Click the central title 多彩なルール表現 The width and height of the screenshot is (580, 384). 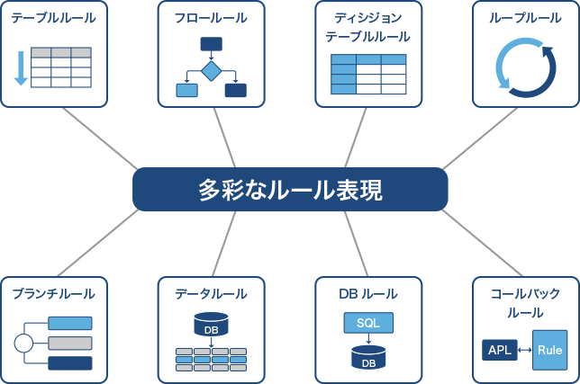click(290, 190)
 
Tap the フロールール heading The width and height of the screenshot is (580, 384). click(211, 18)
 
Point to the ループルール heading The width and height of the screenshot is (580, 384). click(525, 18)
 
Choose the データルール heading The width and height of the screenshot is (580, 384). click(211, 294)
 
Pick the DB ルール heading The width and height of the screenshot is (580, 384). click(367, 294)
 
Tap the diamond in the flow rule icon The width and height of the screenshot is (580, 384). click(211, 70)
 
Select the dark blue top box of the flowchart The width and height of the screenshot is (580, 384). click(211, 44)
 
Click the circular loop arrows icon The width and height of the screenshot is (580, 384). click(525, 67)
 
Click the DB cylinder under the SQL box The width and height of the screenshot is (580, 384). click(368, 357)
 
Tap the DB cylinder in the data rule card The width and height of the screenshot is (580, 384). click(211, 325)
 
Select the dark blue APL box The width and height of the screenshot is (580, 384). click(500, 350)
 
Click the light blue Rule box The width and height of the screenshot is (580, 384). click(549, 350)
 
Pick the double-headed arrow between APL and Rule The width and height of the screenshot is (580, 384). click(524, 350)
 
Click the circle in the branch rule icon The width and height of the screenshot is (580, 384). click(23, 343)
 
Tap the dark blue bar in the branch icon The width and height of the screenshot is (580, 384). click(69, 363)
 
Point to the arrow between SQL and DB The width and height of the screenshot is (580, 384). click(368, 339)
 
